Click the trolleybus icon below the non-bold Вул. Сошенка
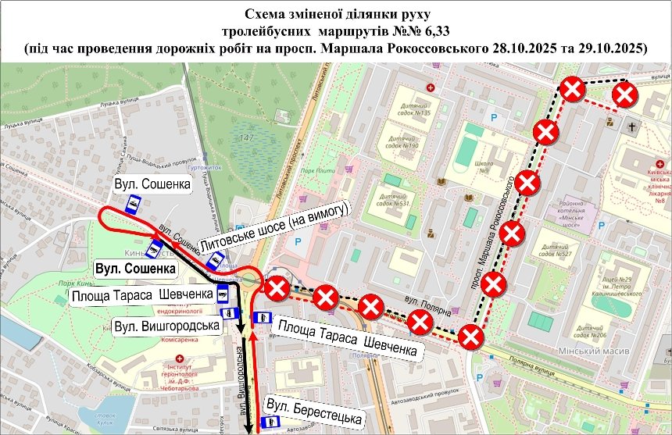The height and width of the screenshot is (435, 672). point(132,205)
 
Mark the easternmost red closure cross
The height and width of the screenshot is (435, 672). point(626,95)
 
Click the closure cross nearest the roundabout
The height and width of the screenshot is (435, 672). point(277,289)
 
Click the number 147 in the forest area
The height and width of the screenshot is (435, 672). point(248,138)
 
